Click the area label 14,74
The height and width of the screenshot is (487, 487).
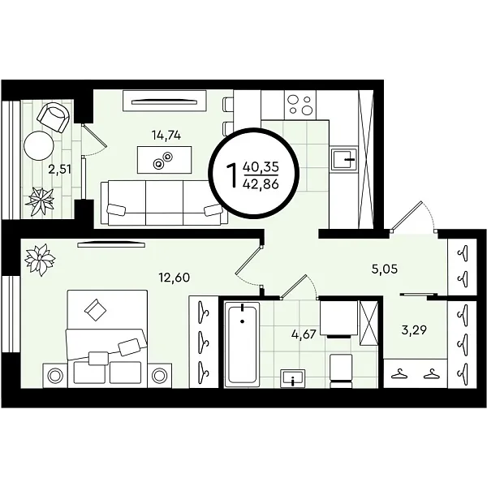click(x=166, y=135)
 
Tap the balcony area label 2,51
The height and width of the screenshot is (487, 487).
click(x=59, y=170)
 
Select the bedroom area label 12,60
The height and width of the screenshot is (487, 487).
click(x=175, y=278)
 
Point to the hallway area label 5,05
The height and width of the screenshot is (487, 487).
click(x=385, y=269)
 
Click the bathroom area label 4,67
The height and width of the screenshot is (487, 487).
click(x=304, y=334)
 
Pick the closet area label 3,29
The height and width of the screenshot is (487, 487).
click(x=414, y=330)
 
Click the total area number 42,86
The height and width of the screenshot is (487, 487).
click(x=261, y=184)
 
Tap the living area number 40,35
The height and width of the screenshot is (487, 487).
click(x=261, y=167)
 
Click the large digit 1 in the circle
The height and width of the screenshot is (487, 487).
click(x=233, y=176)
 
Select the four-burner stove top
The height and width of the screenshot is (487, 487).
click(x=300, y=105)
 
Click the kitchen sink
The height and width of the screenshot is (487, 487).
click(x=344, y=159)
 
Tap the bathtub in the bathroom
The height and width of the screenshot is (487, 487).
click(x=242, y=344)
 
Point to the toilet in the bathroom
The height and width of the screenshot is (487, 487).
click(x=341, y=371)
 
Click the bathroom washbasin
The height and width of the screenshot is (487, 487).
click(x=292, y=378)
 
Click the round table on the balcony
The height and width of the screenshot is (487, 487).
click(x=39, y=145)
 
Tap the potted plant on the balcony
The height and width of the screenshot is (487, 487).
click(x=40, y=202)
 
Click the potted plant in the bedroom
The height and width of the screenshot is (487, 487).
click(x=40, y=260)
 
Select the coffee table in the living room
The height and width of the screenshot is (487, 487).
click(x=164, y=160)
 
